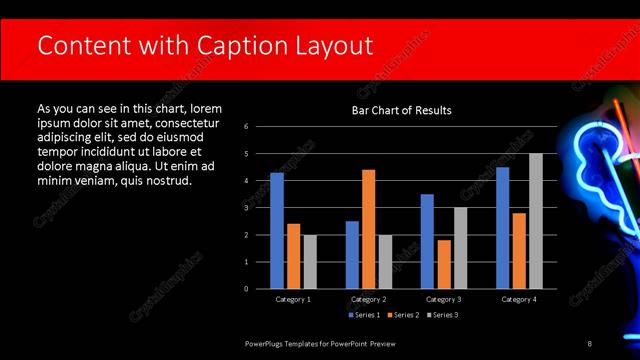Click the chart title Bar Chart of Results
click(401, 110)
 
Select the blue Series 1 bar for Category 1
click(277, 230)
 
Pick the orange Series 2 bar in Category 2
click(369, 229)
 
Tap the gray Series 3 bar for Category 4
click(536, 220)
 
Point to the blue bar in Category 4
click(502, 227)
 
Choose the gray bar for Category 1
click(310, 261)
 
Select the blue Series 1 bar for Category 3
click(427, 241)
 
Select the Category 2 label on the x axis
click(368, 299)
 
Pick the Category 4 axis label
click(518, 299)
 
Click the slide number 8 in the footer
click(589, 343)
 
